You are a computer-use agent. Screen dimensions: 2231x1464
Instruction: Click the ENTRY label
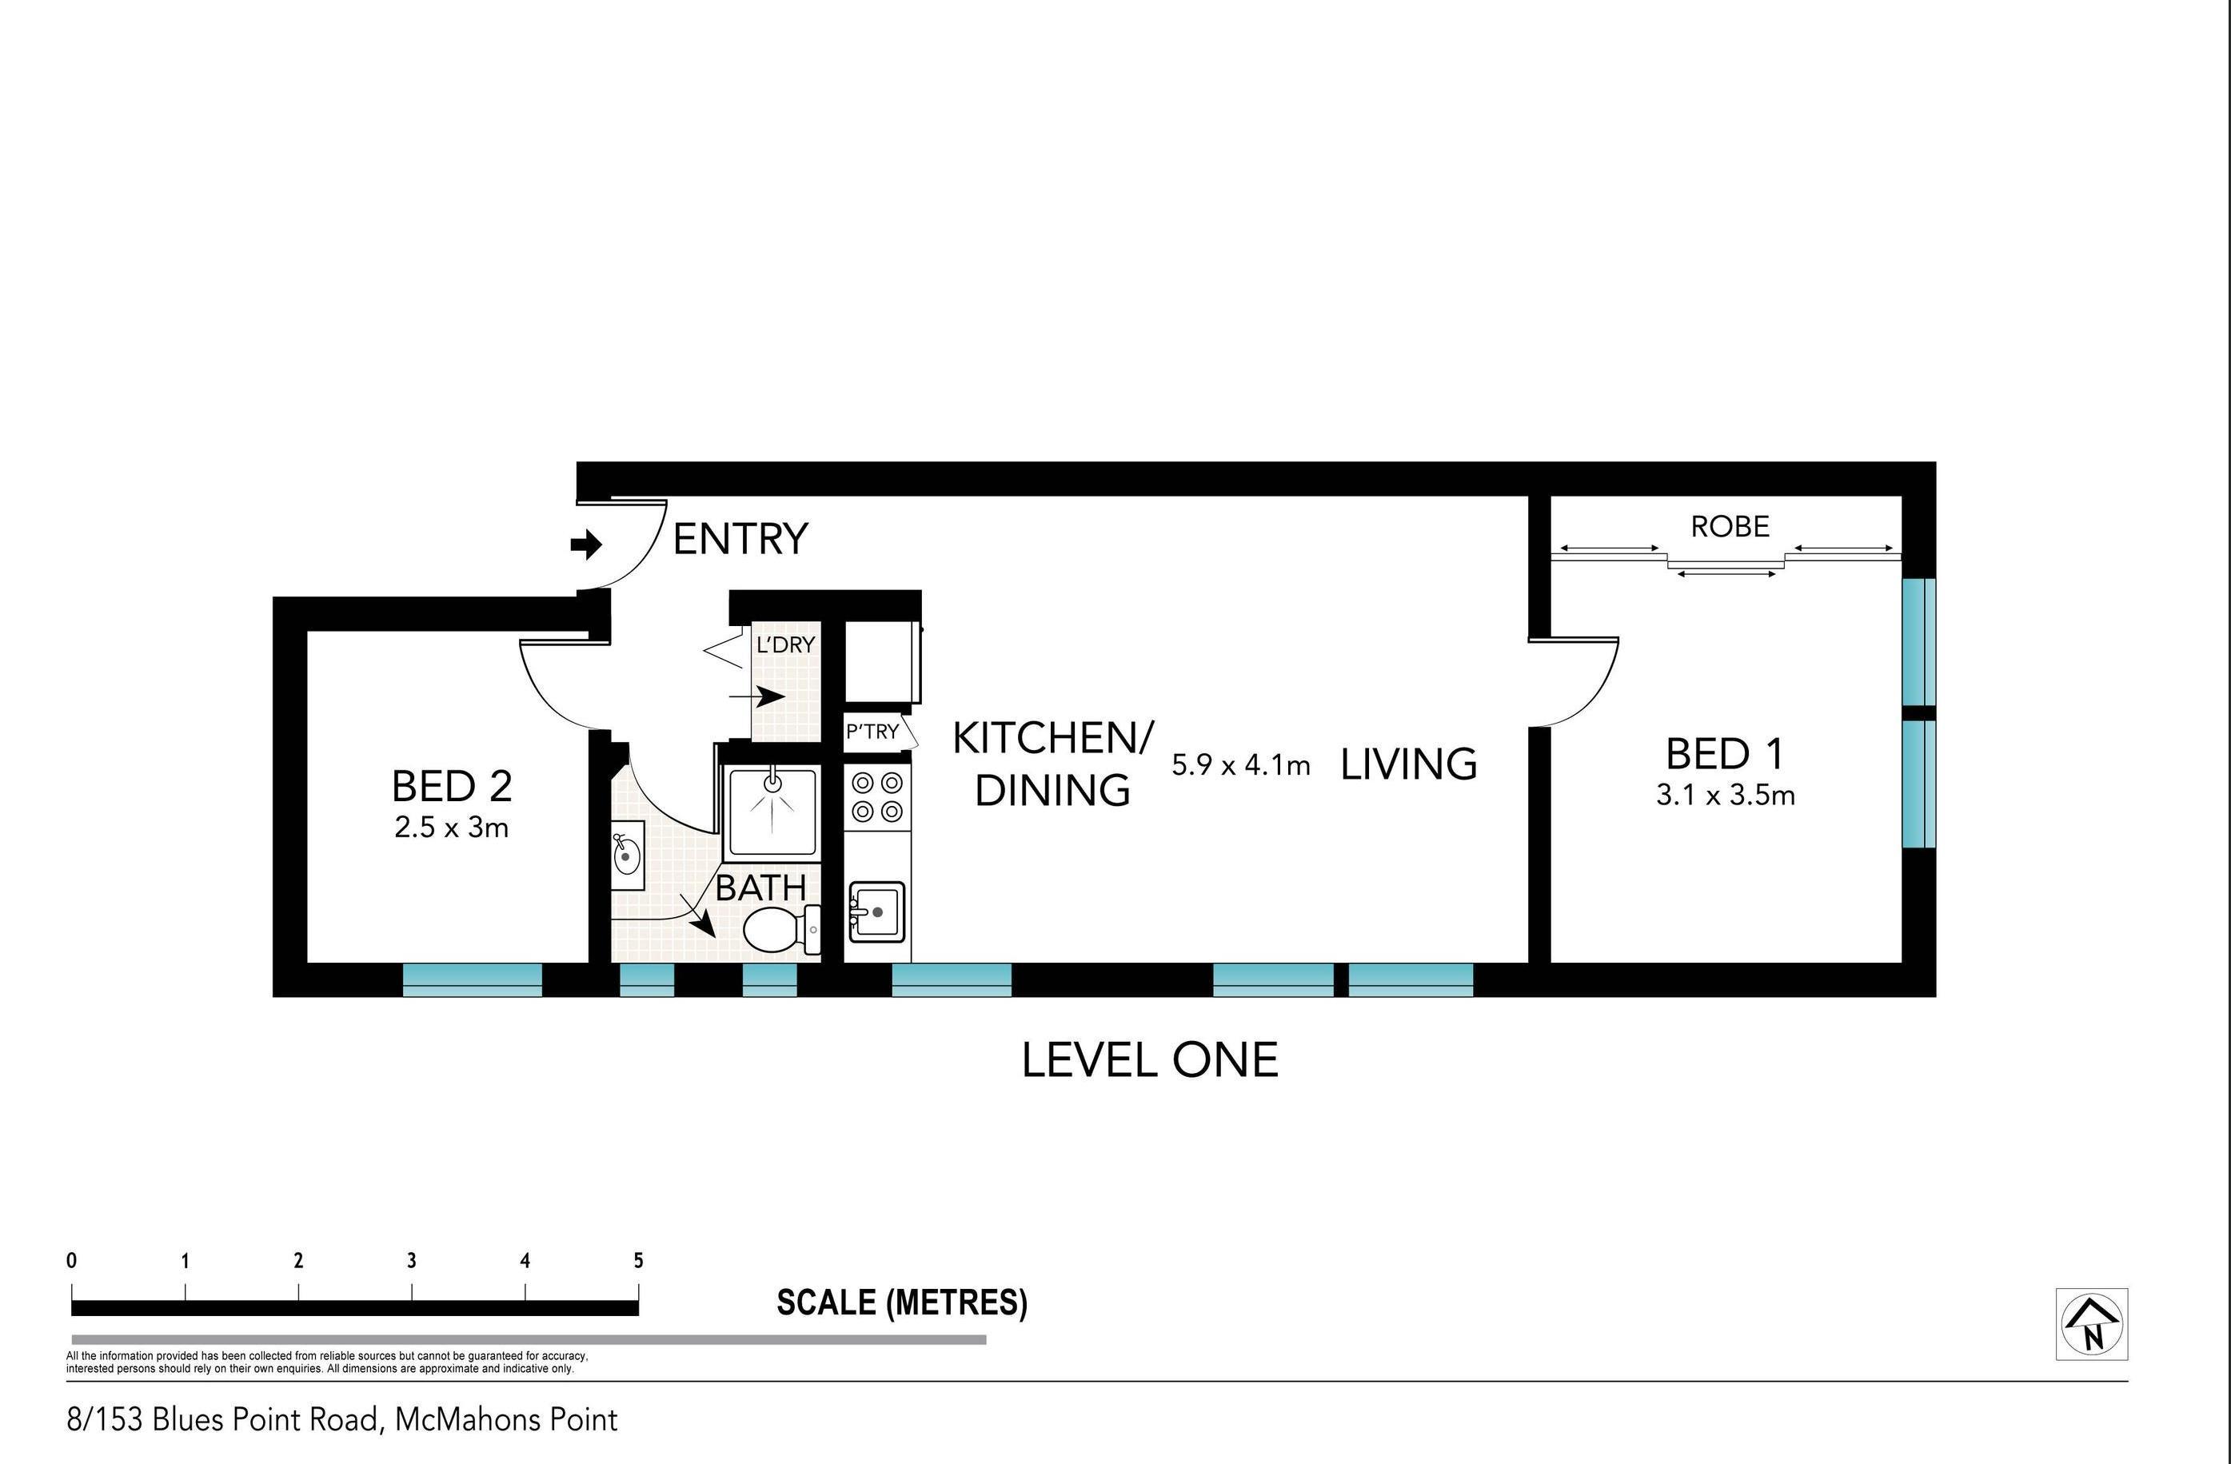[740, 539]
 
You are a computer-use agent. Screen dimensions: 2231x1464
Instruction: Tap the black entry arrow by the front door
[587, 544]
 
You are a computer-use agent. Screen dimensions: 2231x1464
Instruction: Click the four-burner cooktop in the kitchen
[877, 796]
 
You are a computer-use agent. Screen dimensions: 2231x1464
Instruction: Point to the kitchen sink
[877, 911]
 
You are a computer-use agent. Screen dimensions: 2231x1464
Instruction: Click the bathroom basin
[627, 856]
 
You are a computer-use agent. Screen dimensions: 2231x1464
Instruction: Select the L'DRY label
[785, 644]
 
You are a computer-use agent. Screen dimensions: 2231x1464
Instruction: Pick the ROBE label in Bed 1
[1730, 527]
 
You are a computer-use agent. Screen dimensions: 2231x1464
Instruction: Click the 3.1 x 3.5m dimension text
[1726, 796]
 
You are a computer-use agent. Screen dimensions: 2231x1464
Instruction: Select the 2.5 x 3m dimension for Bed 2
[452, 828]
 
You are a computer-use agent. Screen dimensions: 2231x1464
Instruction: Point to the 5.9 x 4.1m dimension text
[1241, 766]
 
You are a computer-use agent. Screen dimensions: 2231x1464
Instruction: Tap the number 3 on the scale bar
[412, 1261]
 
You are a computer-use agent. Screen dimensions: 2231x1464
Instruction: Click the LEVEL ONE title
[1150, 1060]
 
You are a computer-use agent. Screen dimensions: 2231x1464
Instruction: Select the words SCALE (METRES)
[902, 1302]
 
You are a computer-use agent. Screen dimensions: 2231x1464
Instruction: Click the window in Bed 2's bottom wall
[473, 979]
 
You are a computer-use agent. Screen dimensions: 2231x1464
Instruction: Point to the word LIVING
[1409, 765]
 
